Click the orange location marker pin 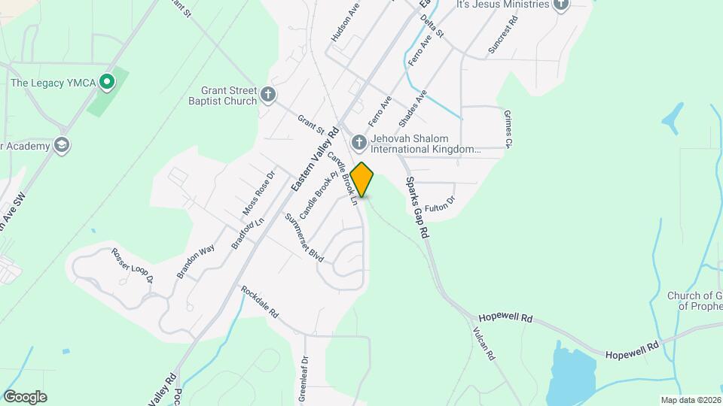pyautogui.click(x=362, y=180)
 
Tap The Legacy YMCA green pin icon pyautogui.click(x=108, y=81)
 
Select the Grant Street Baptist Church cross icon pyautogui.click(x=269, y=96)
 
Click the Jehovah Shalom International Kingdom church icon pyautogui.click(x=359, y=142)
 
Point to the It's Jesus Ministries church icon pyautogui.click(x=560, y=5)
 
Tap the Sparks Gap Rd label pyautogui.click(x=416, y=208)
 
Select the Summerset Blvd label pyautogui.click(x=304, y=238)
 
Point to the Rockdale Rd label pyautogui.click(x=260, y=301)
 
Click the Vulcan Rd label pyautogui.click(x=484, y=344)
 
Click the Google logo pyautogui.click(x=25, y=396)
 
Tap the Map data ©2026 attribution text pyautogui.click(x=690, y=400)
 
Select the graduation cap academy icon pyautogui.click(x=62, y=145)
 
